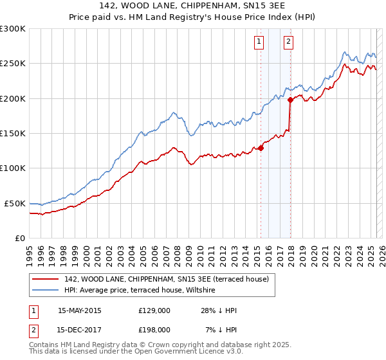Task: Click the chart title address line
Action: (192, 6)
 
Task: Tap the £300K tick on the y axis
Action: (13, 29)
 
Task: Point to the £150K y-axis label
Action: (13, 133)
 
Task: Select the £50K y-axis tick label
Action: (15, 203)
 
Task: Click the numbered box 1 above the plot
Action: (259, 42)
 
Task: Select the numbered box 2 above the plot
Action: (288, 42)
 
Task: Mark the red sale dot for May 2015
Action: (261, 148)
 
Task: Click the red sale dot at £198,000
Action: (291, 100)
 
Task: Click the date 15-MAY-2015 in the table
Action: (80, 311)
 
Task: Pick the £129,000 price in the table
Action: (154, 311)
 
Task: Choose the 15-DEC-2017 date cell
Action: (80, 329)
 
